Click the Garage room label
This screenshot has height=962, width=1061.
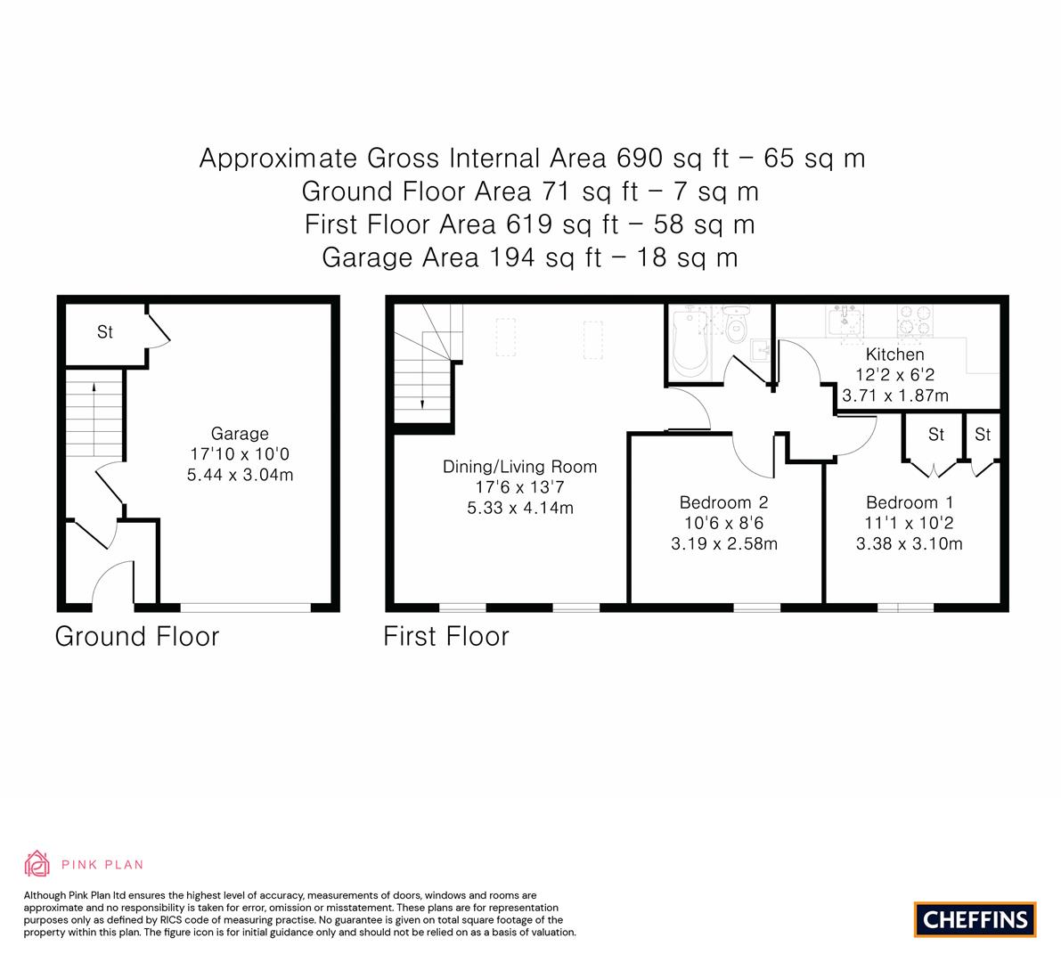point(240,434)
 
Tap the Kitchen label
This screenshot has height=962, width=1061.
point(894,355)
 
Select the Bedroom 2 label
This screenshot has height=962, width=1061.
point(724,502)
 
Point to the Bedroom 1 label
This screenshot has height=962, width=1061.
point(910,502)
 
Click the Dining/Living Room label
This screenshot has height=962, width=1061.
point(519,467)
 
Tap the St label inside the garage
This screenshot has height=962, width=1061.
point(105,331)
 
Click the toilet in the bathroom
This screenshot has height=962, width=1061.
point(736,324)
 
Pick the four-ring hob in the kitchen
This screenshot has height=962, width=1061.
point(915,321)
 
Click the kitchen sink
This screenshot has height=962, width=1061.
point(844,321)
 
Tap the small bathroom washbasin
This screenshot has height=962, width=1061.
point(762,350)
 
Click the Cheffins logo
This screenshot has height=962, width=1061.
point(975,919)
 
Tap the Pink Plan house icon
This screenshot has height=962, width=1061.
point(37,864)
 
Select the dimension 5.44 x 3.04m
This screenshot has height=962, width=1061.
point(241,475)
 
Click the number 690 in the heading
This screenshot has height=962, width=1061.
point(639,159)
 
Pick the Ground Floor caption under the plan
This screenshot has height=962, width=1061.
point(137,637)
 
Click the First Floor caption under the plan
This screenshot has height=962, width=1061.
point(446,637)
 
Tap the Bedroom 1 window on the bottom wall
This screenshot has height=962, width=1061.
point(905,607)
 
